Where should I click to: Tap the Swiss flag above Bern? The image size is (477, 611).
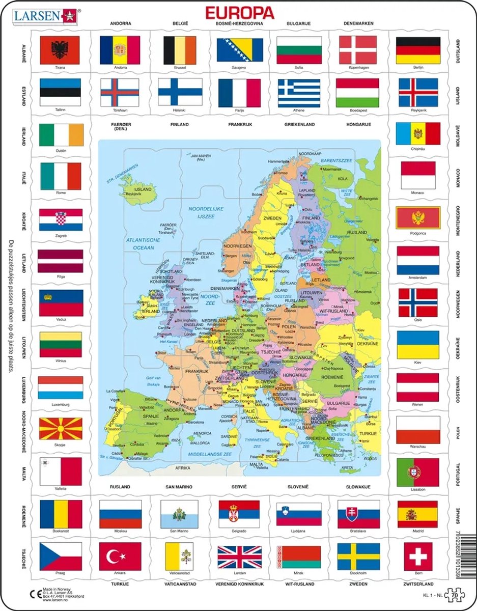[x=418, y=557]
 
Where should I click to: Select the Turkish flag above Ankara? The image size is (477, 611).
[x=120, y=557]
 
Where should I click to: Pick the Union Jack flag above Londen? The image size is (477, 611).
[x=239, y=557]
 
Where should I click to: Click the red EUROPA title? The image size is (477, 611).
[x=239, y=12]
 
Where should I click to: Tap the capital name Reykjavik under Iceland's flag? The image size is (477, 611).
[x=418, y=109]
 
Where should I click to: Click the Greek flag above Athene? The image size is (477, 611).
[x=299, y=92]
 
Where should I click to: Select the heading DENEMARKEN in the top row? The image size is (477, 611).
[x=358, y=23]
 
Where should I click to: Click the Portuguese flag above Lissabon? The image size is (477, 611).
[x=417, y=472]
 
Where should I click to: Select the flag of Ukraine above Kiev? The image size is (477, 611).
[x=417, y=345]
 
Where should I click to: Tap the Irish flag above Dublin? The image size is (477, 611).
[x=61, y=134]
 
